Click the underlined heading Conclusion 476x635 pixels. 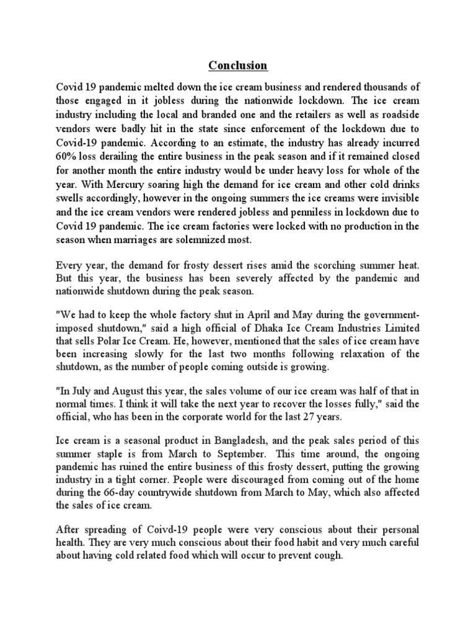click(x=237, y=65)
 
